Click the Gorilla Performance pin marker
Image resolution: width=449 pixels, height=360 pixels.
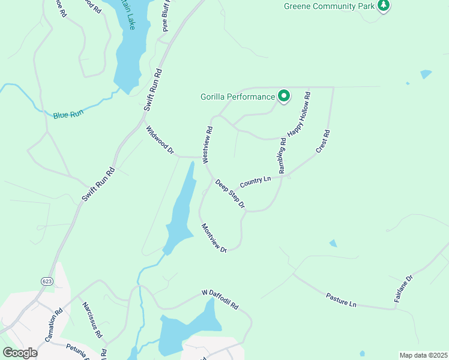pyautogui.click(x=283, y=96)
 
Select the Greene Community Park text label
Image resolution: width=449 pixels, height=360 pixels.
pyautogui.click(x=330, y=7)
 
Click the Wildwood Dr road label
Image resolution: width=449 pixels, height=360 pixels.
pyautogui.click(x=160, y=140)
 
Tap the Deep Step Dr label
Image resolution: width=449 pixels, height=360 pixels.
pyautogui.click(x=231, y=194)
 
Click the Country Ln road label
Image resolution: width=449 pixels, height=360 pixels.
pyautogui.click(x=255, y=181)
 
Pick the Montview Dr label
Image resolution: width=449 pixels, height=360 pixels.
pyautogui.click(x=214, y=238)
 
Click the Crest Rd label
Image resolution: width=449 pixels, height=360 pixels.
pyautogui.click(x=323, y=141)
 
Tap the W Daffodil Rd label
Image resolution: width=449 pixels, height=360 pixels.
pyautogui.click(x=220, y=299)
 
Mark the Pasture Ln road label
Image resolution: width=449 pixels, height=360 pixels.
pyautogui.click(x=341, y=300)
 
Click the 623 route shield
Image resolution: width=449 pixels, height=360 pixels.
pyautogui.click(x=46, y=281)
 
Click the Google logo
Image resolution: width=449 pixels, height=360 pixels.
pyautogui.click(x=20, y=353)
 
